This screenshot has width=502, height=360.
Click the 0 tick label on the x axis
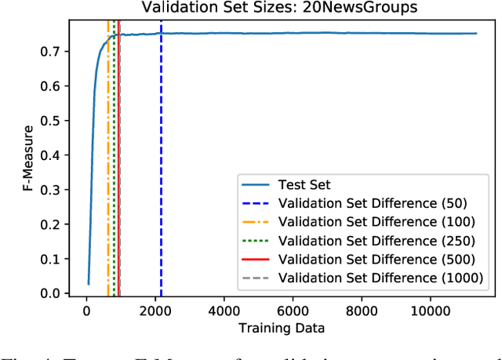[87, 310]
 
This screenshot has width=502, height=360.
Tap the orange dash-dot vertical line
[108, 157]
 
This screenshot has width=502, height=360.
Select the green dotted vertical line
[114, 157]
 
